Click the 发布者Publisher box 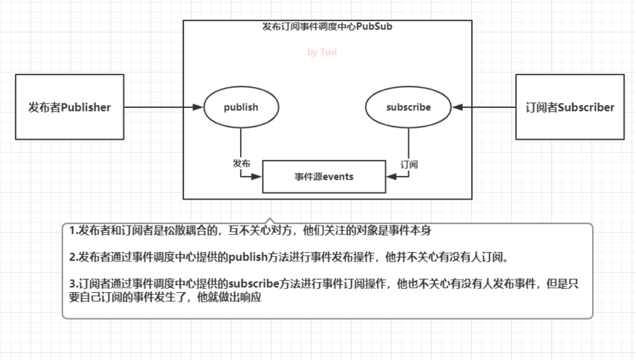coord(69,107)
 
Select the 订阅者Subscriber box coord(570,107)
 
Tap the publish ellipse coord(241,107)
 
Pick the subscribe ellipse coord(408,107)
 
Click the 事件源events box coord(324,176)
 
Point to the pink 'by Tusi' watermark coord(322,52)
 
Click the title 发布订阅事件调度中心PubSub coord(327,26)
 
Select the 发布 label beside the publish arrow coord(241,163)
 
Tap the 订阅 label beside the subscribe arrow coord(409,164)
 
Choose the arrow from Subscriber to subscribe coord(484,107)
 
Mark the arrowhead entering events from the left coord(258,176)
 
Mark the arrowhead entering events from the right coord(390,176)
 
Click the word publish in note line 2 coord(247,257)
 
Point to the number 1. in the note coord(74,231)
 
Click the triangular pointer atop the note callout coord(270,221)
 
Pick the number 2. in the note coord(74,257)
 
